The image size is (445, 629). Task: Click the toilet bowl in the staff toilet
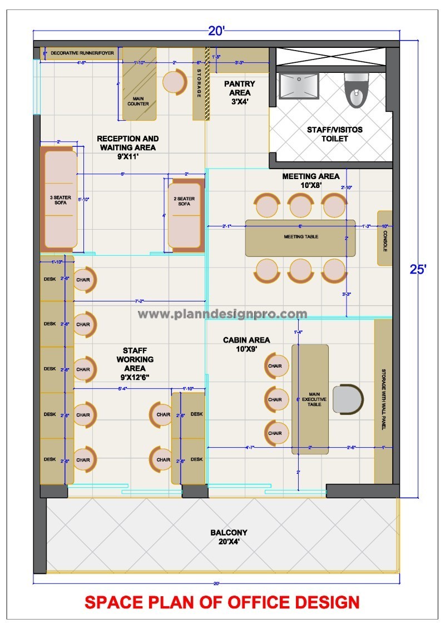355,91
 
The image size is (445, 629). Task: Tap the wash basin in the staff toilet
298,86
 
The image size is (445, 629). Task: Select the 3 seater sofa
58,199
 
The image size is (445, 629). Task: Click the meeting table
300,237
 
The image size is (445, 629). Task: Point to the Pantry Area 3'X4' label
239,92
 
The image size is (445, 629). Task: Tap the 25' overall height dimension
418,270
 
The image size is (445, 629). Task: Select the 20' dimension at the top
216,31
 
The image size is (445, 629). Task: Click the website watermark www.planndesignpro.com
222,314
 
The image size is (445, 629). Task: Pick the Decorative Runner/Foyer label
82,53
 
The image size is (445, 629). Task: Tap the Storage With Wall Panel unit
383,400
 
